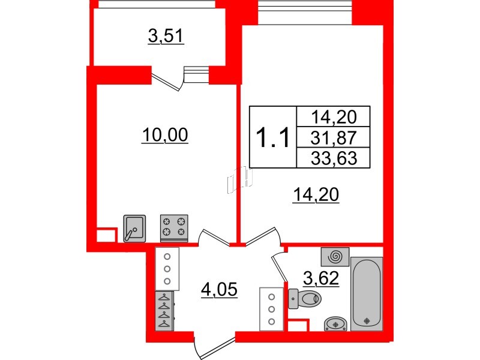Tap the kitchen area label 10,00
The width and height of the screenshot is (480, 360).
click(x=165, y=136)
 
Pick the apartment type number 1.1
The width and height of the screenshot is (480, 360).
click(x=273, y=137)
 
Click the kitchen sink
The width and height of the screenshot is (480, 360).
click(x=134, y=227)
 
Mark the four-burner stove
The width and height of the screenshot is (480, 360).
click(x=174, y=227)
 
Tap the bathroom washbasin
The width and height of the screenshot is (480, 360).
click(x=335, y=323)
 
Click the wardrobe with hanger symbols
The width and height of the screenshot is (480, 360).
click(x=164, y=310)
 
